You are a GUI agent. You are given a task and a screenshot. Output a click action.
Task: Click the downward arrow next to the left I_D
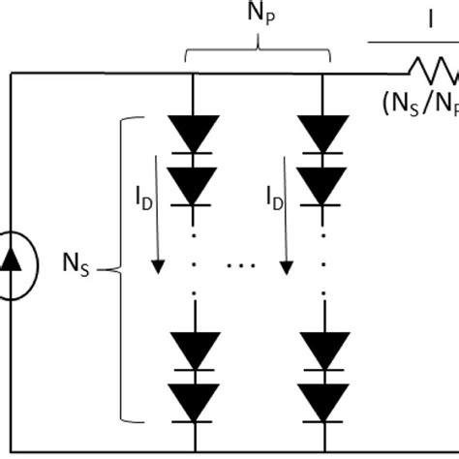coord(156,232)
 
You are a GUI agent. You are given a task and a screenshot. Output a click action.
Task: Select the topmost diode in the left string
coord(196,133)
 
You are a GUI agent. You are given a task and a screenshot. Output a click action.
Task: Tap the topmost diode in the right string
coord(322,133)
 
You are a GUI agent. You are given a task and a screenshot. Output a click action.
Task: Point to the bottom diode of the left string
coord(196,398)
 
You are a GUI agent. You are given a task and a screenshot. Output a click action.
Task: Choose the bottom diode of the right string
coord(322,398)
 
